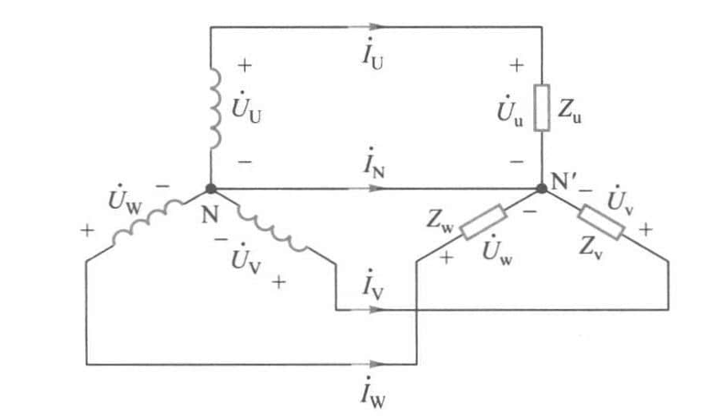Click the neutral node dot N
pos(212,190)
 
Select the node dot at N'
pos(542,190)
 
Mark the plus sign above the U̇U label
pos(245,66)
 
